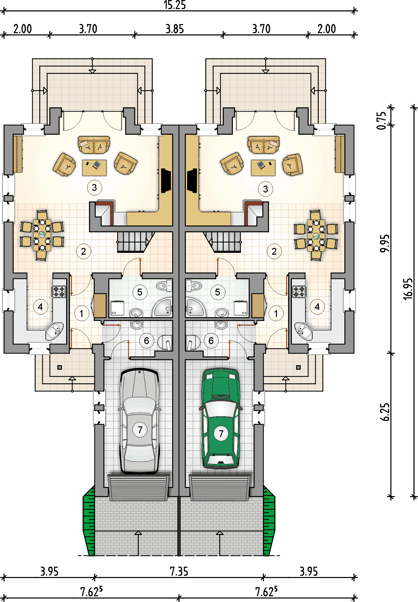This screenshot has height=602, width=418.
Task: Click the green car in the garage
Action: (221, 418)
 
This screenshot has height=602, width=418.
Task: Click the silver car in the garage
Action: (139, 421)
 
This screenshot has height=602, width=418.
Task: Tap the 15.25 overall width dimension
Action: (175, 5)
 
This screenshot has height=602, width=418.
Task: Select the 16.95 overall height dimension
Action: (408, 289)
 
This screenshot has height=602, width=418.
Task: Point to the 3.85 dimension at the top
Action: (175, 29)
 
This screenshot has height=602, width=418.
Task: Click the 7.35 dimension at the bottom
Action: (179, 571)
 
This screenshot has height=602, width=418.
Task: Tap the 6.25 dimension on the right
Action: (385, 412)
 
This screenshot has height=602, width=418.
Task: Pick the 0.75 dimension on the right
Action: (382, 121)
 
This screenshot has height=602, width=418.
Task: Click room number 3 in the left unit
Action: (94, 187)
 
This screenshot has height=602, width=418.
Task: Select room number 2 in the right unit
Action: (274, 251)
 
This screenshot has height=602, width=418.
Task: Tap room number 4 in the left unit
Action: (40, 307)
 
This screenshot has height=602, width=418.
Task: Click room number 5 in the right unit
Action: (218, 292)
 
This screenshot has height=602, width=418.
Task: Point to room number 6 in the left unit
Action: (147, 341)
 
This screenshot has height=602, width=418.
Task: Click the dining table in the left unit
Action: (42, 235)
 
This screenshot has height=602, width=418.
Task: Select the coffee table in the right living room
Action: (263, 168)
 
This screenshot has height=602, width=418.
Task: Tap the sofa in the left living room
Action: (94, 145)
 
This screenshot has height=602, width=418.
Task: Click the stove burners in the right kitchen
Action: (299, 292)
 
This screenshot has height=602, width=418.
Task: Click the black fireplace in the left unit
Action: (166, 180)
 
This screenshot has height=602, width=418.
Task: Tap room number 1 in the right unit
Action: (276, 313)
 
